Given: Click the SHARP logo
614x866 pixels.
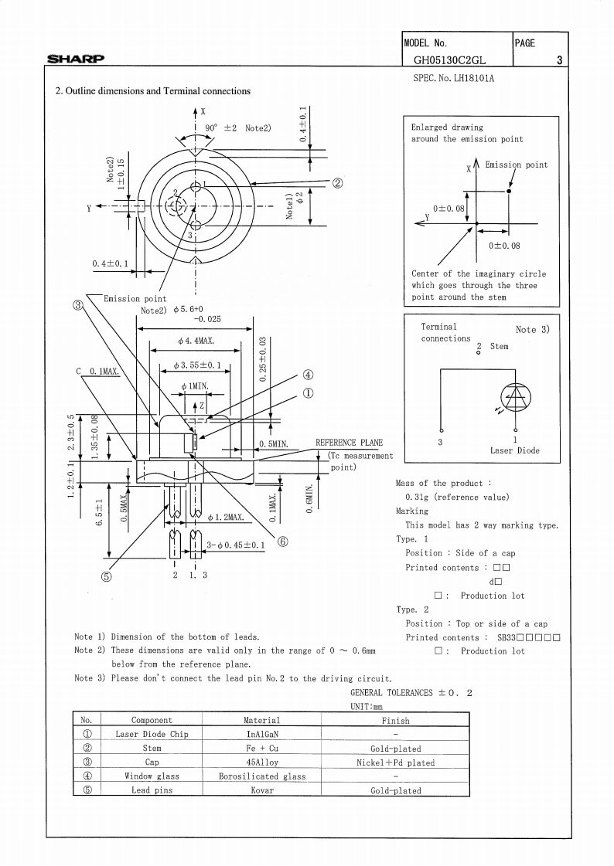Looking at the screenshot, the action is [x=75, y=59].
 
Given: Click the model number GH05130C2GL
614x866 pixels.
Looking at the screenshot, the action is [x=450, y=60].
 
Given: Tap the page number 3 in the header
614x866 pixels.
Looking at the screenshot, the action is [x=559, y=60].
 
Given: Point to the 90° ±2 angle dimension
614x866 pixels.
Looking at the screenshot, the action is [x=238, y=128].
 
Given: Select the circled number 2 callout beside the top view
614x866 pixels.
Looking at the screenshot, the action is [x=338, y=183].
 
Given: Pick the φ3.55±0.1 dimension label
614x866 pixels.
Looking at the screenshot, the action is [x=196, y=365].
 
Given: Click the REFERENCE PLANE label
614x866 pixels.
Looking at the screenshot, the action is [x=349, y=443].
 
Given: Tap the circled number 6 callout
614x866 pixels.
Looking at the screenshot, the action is [x=282, y=542].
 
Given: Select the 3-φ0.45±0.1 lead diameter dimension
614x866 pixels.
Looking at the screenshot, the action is [x=235, y=545].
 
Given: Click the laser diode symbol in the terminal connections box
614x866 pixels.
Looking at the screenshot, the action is [x=516, y=396].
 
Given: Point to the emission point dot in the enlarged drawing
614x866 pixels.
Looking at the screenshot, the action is [x=509, y=191].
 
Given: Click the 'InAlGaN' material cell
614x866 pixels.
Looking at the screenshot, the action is [x=262, y=734].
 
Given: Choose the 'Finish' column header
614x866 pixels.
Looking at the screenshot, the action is [x=396, y=720].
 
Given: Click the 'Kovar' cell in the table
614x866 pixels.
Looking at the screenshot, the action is [x=262, y=790].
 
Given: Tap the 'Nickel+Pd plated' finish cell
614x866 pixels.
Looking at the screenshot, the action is [x=396, y=762].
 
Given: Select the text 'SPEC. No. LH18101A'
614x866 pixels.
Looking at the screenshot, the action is [x=454, y=79].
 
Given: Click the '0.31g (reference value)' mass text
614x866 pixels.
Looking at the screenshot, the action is [x=457, y=497].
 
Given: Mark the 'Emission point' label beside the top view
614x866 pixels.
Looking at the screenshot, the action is [x=135, y=299].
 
